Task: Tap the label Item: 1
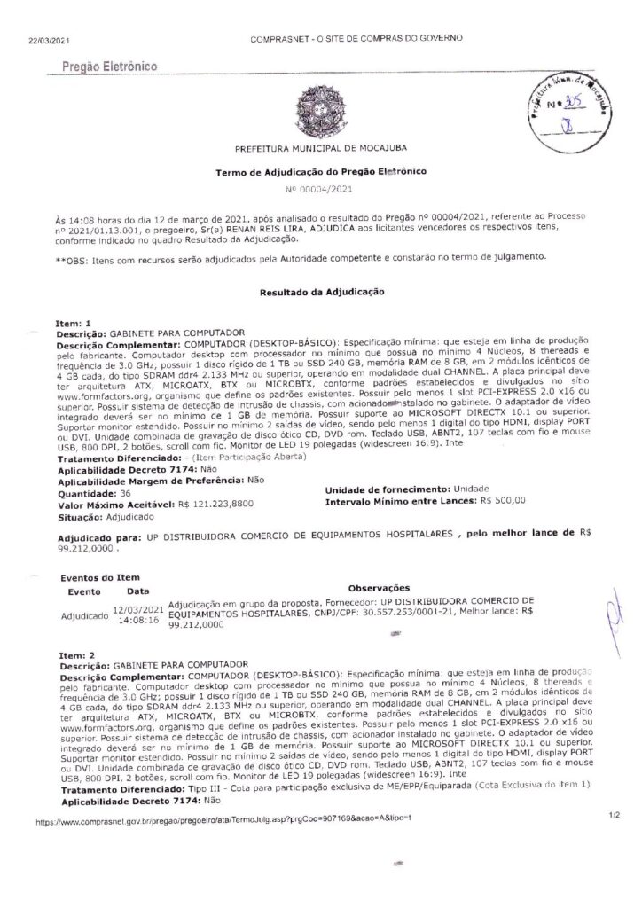(x=73, y=325)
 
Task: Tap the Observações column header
(x=379, y=587)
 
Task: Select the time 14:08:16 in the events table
(x=139, y=621)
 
